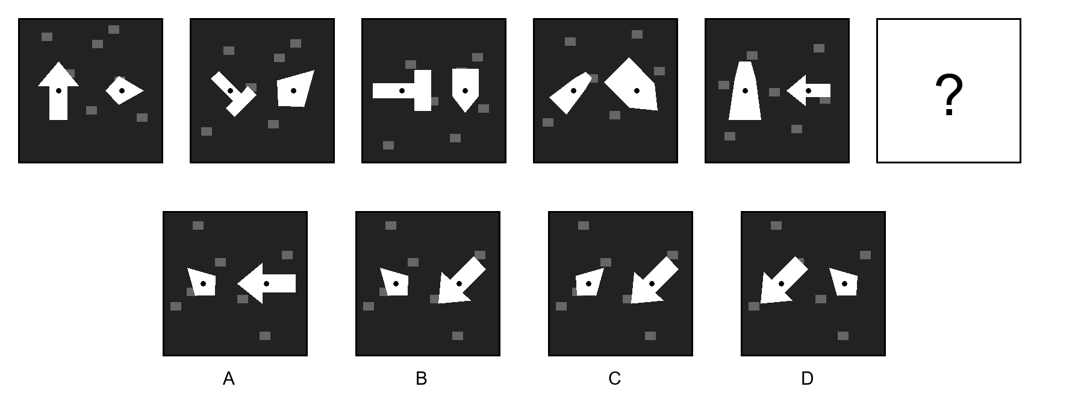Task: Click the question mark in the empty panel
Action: [x=948, y=95]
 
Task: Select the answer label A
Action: [x=229, y=379]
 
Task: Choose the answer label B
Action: [x=422, y=379]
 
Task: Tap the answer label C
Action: [x=614, y=379]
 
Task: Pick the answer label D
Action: [x=807, y=379]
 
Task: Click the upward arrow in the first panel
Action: [x=58, y=90]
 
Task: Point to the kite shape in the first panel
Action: [x=124, y=90]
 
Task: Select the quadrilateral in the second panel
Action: [x=294, y=89]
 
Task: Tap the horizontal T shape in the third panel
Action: [x=402, y=90]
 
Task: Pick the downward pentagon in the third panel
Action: [x=466, y=89]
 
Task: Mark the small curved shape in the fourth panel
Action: [x=570, y=93]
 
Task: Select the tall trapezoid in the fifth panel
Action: [x=745, y=90]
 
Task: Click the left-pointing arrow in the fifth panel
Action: [x=808, y=90]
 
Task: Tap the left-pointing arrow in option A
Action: [x=266, y=283]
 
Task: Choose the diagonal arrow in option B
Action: [x=461, y=281]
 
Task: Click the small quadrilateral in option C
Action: [x=589, y=282]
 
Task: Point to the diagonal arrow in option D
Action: [x=783, y=281]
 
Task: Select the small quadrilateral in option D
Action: [x=844, y=282]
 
